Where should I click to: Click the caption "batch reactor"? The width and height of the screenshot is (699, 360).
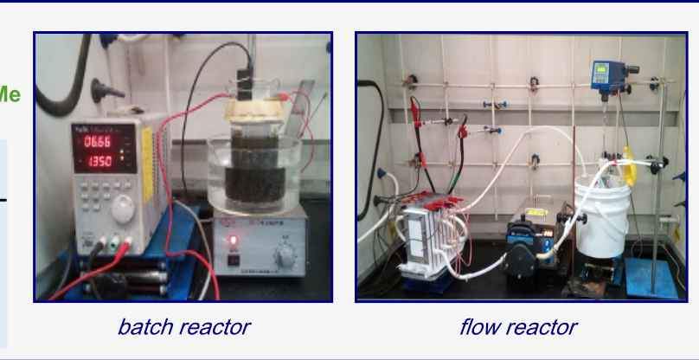(x=184, y=328)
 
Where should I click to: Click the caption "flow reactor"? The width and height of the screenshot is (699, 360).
(x=517, y=328)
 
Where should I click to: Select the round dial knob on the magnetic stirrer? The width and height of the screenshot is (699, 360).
(x=280, y=257)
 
